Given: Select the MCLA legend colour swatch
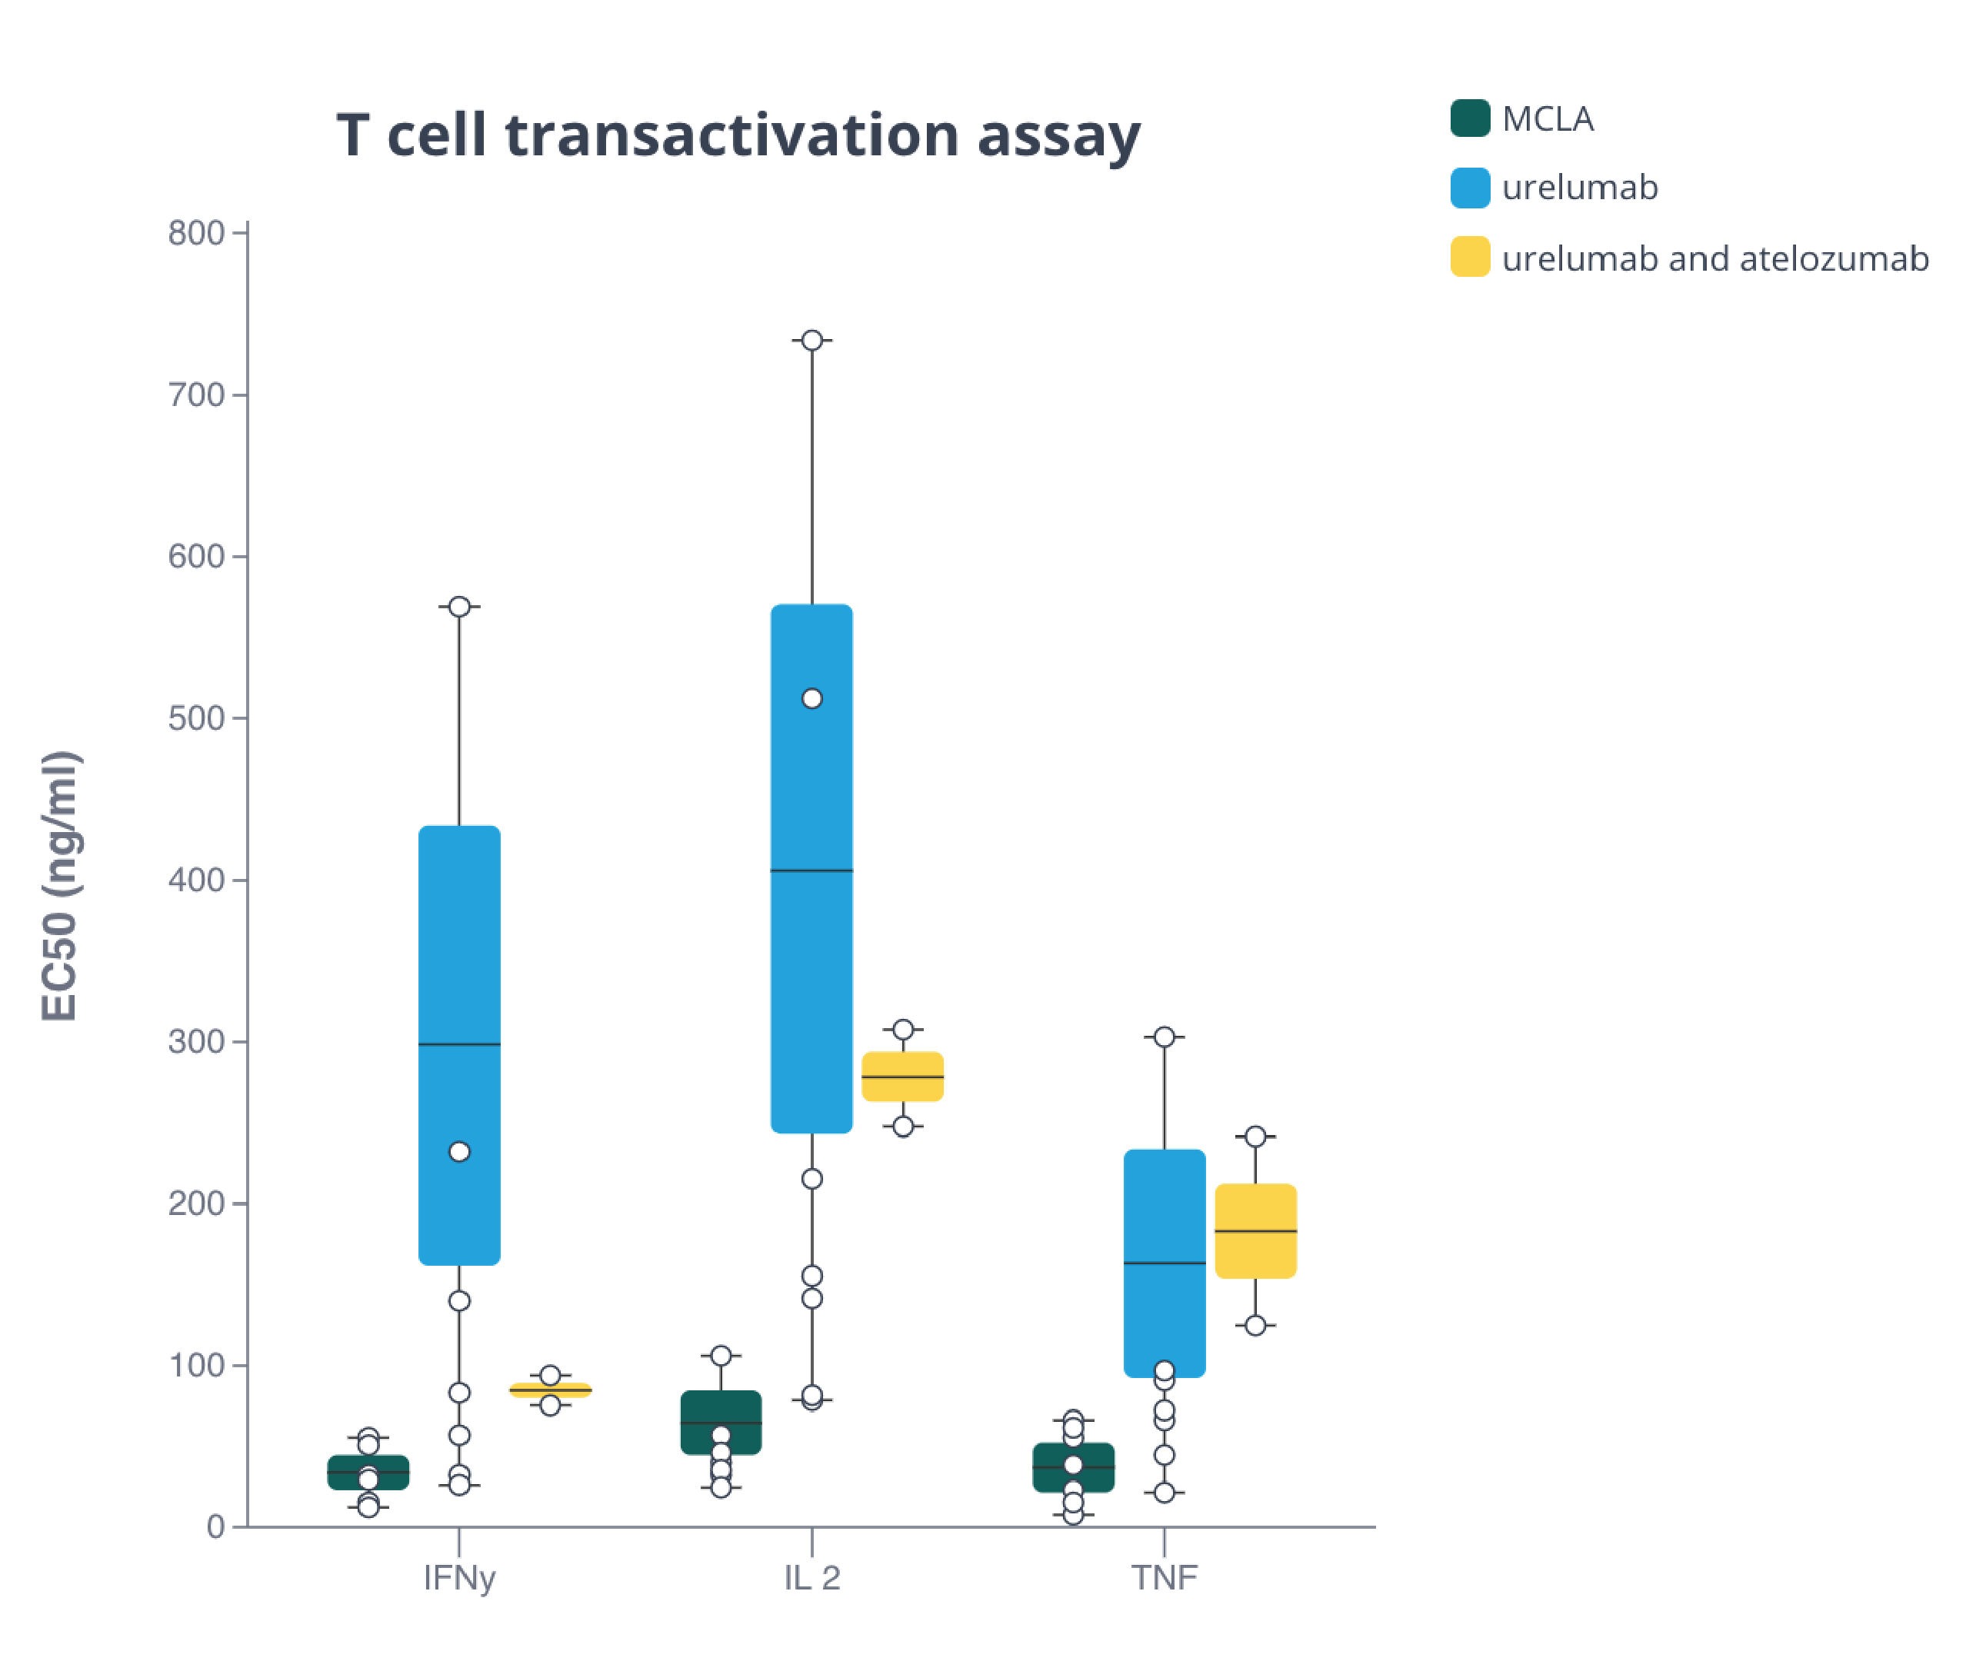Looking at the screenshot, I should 1470,118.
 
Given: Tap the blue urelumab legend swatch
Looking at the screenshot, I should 1470,188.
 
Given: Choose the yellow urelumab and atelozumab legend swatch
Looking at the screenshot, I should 1470,257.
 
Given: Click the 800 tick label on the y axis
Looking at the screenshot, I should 195,233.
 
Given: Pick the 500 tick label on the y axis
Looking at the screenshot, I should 195,718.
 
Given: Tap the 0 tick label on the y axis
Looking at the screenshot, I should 215,1527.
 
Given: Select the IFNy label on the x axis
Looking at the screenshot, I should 458,1578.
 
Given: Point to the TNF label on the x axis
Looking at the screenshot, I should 1164,1578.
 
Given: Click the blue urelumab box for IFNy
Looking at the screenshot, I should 458,947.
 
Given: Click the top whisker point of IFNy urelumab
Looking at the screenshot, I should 458,606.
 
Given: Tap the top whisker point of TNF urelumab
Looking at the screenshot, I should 1164,1037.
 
